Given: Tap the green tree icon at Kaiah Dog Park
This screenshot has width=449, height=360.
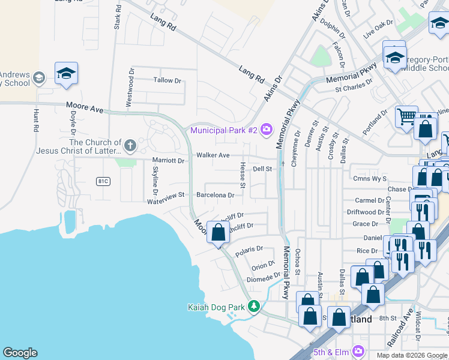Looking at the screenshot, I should [x=254, y=307].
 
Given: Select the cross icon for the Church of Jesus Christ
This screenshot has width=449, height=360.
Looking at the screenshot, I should [x=130, y=145].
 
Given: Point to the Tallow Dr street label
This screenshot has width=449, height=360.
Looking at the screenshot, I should [x=167, y=80].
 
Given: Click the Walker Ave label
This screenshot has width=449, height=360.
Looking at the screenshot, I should [x=213, y=155].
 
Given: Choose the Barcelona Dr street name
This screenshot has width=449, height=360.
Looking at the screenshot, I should [x=215, y=195].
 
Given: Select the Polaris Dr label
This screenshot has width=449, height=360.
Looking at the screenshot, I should [x=249, y=250].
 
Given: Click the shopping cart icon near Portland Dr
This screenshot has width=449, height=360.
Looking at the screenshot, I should [x=406, y=115].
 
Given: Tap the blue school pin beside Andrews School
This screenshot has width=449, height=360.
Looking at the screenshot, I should [x=66, y=73].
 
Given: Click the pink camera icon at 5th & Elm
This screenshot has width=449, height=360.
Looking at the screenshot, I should [x=358, y=350].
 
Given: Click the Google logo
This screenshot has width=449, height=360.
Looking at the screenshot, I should [x=20, y=353].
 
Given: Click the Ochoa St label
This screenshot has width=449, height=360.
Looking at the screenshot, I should [x=297, y=262].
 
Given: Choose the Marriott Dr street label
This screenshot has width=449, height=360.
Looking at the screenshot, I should [x=168, y=161].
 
